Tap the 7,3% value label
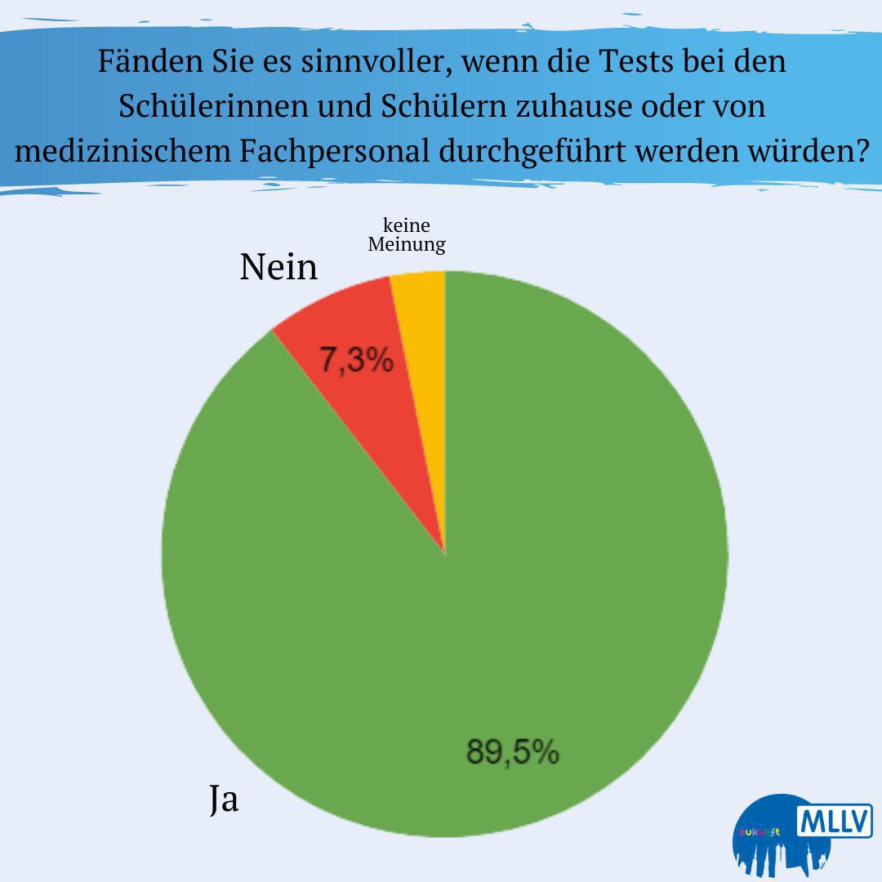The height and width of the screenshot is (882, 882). pos(356,361)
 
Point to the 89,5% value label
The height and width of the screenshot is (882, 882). pos(512,751)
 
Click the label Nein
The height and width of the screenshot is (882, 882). pos(278,267)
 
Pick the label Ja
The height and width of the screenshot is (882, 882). pos(224,800)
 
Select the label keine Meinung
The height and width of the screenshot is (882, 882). pos(407,235)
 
